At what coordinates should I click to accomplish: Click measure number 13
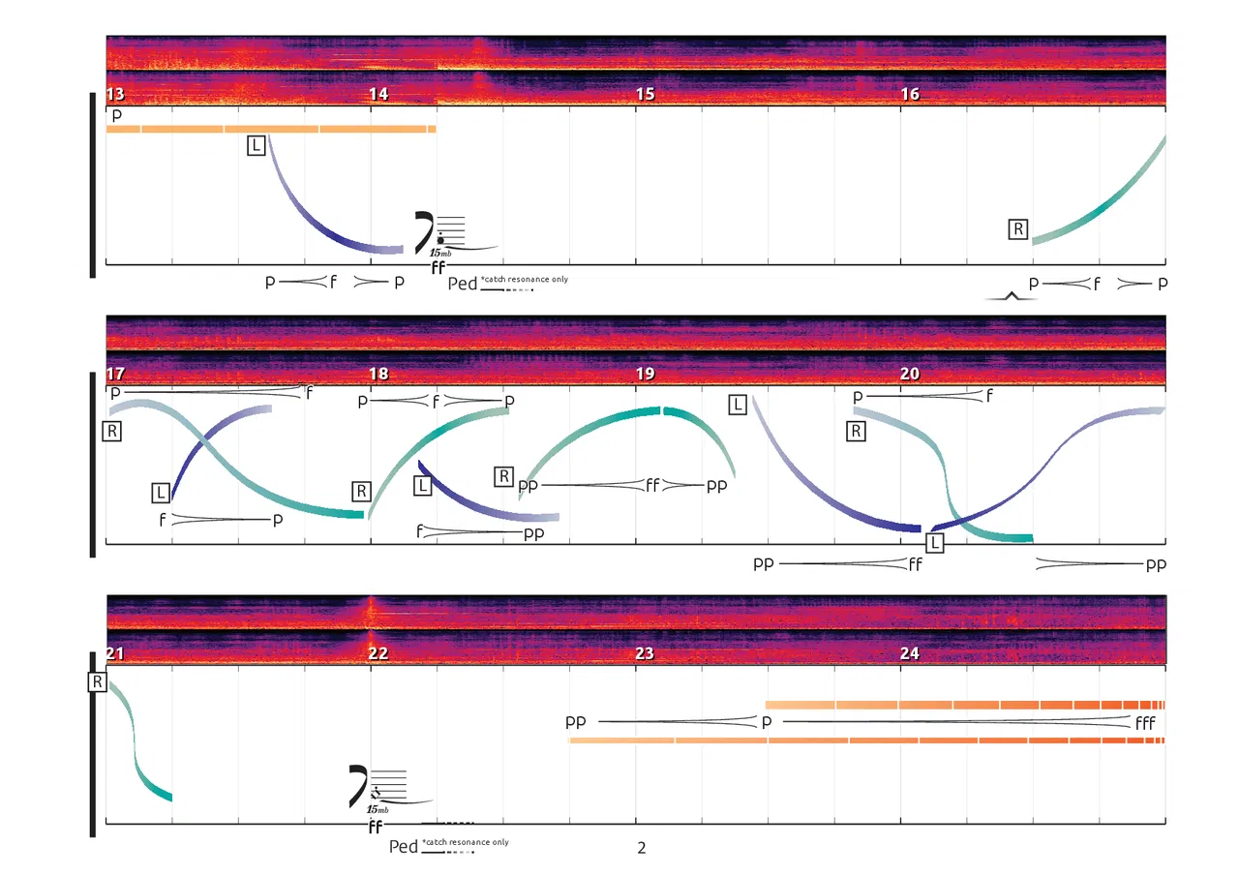coord(115,95)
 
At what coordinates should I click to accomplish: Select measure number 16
coord(910,95)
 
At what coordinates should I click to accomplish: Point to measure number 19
coord(645,375)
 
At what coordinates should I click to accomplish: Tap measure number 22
coord(378,653)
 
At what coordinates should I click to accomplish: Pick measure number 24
coord(910,653)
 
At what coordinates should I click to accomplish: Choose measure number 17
coord(115,375)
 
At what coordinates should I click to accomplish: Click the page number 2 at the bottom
coord(641,848)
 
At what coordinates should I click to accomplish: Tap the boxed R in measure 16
coord(1018,229)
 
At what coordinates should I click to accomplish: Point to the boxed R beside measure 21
coord(97,682)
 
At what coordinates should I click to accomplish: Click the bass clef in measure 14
coord(425,230)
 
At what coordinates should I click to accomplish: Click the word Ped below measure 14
coord(462,284)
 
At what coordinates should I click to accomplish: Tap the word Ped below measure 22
coord(403,847)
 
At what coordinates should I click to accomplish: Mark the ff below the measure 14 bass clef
coord(438,268)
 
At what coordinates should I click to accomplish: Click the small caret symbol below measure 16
coord(1011,296)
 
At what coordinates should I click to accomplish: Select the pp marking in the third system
coord(575,722)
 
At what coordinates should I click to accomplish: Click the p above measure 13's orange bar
coord(116,115)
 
